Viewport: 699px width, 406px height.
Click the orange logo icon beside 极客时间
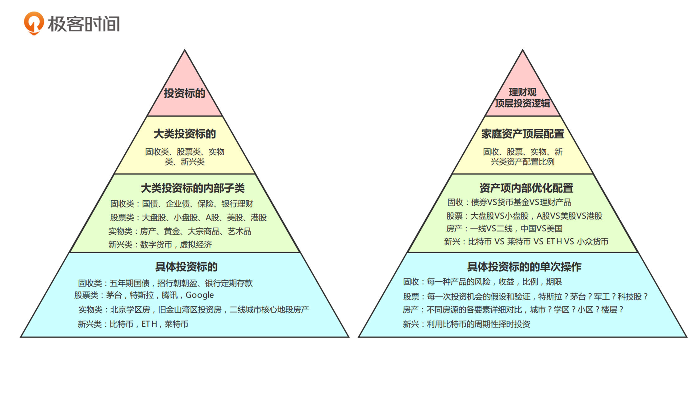click(34, 23)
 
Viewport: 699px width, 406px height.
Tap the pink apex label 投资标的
click(185, 93)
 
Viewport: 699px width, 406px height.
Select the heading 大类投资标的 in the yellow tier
click(185, 134)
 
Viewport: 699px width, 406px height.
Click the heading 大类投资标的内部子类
click(193, 188)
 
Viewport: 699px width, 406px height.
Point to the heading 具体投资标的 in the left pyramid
click(186, 267)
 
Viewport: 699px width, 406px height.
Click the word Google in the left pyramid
click(200, 295)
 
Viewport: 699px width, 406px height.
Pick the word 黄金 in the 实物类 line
click(172, 231)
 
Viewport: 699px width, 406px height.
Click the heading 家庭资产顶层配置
click(523, 134)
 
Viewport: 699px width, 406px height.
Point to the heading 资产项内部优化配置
click(526, 188)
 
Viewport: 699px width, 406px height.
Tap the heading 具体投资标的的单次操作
click(524, 267)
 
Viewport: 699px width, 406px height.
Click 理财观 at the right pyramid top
click(523, 92)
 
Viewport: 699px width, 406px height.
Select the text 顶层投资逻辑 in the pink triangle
click(523, 103)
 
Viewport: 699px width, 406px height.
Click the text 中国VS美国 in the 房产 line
click(542, 229)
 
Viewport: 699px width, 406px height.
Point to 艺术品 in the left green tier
click(239, 231)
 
